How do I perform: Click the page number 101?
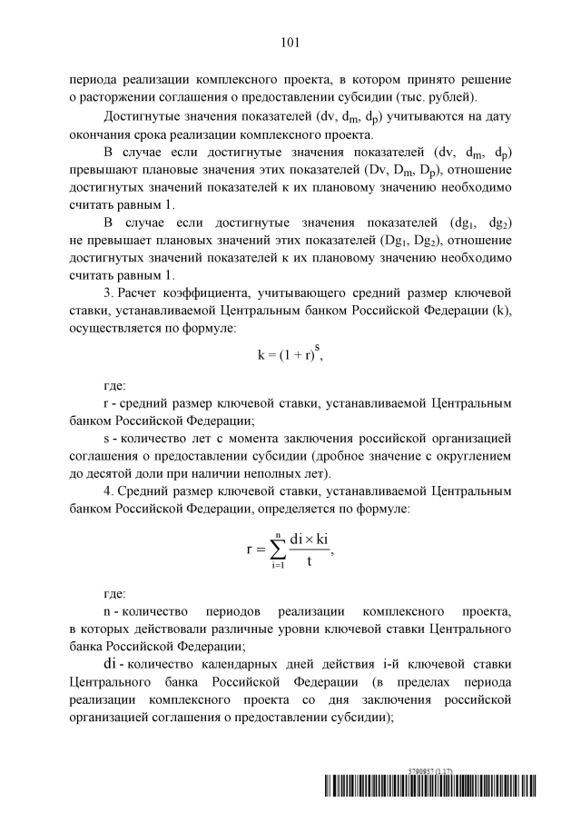point(290,42)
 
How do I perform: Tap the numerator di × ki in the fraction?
point(310,539)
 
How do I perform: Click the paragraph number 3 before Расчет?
point(107,293)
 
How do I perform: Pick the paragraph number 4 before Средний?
point(107,491)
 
